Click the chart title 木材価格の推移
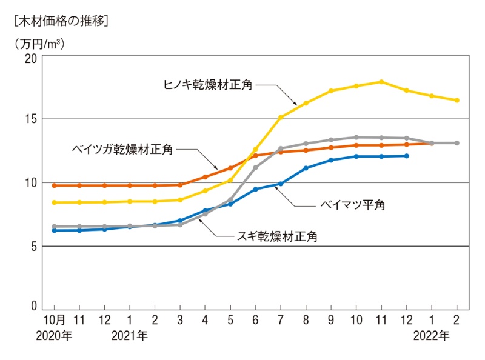click(60, 22)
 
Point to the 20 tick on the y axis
click(30, 58)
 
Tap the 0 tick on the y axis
click(34, 307)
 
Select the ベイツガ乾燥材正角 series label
click(121, 149)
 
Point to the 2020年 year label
click(55, 335)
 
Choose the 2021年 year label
click(130, 335)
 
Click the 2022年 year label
click(432, 335)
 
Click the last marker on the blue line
click(406, 156)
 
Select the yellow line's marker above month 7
click(281, 117)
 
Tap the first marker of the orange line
click(55, 185)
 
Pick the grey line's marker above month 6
click(255, 167)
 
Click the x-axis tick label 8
click(306, 319)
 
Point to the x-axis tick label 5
click(230, 319)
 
